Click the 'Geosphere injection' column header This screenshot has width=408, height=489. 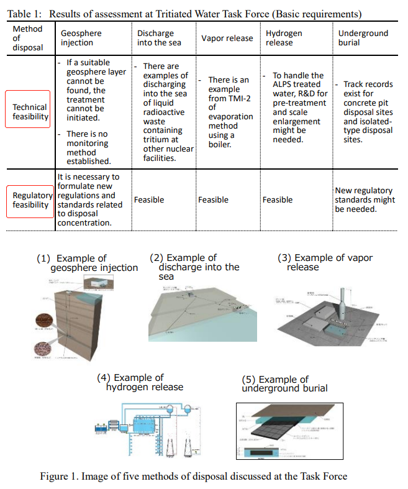[81, 38]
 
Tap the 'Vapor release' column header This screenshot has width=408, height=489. [227, 38]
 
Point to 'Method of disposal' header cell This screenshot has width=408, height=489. [27, 38]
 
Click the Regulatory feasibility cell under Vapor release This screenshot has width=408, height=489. [213, 200]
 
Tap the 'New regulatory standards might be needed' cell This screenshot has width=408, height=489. [365, 200]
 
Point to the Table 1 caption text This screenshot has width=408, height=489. [186, 14]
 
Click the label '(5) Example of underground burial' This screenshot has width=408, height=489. [284, 384]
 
